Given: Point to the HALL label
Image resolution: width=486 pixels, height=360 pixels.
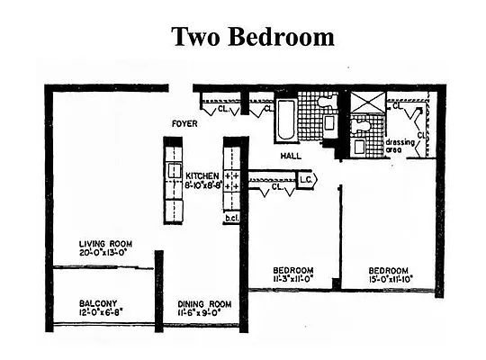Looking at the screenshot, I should [x=290, y=156].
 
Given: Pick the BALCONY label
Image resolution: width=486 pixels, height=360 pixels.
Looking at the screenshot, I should [x=97, y=302].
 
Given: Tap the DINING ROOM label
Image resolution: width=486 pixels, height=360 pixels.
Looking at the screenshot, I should [x=205, y=303].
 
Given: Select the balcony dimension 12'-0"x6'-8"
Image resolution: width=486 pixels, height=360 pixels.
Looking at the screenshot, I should [x=97, y=312].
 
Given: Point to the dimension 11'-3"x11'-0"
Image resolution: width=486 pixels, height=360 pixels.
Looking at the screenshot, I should [x=293, y=280].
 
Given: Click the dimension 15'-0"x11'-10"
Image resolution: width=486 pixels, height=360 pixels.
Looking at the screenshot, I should [x=388, y=280].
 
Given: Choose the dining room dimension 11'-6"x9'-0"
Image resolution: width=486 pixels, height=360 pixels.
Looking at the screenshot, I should [x=205, y=313].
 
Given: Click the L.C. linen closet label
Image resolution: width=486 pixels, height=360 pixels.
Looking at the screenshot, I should [x=304, y=179].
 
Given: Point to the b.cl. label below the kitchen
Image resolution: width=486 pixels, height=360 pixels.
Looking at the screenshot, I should [x=230, y=218].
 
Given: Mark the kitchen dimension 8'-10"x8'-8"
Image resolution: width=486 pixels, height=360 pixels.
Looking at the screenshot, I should [x=202, y=185].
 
